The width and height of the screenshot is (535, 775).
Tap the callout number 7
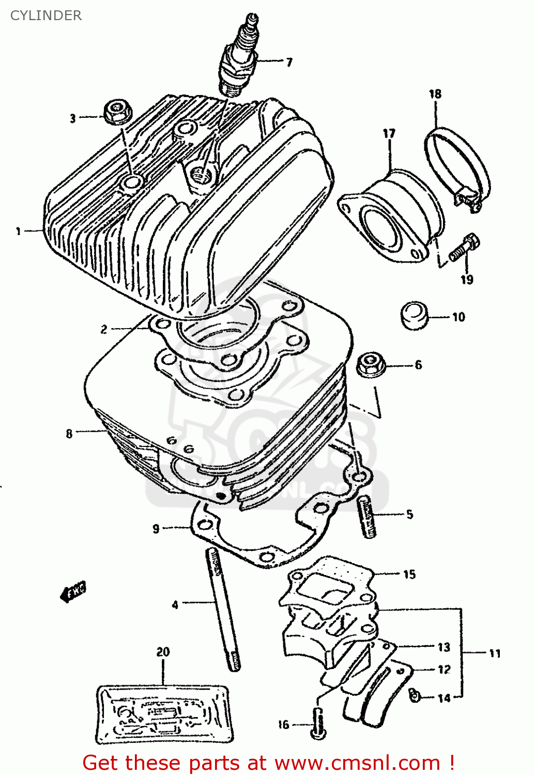289,63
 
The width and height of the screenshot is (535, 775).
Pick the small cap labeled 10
415,315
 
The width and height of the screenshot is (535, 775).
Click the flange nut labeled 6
371,364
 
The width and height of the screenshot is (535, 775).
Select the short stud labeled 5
366,516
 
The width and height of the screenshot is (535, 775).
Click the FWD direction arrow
73,592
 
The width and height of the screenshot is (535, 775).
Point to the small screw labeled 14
414,696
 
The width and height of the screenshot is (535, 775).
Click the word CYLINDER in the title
46,16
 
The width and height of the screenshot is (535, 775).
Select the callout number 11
495,654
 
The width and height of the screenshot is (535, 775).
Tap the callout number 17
389,134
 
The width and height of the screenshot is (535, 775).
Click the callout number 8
69,433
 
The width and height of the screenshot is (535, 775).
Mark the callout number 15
409,574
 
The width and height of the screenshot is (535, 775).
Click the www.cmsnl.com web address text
357,763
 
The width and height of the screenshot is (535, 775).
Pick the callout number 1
18,231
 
